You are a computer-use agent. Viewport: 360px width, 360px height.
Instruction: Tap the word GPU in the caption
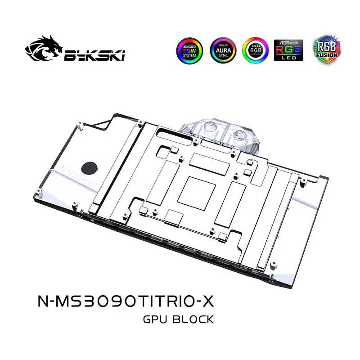[154, 319]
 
